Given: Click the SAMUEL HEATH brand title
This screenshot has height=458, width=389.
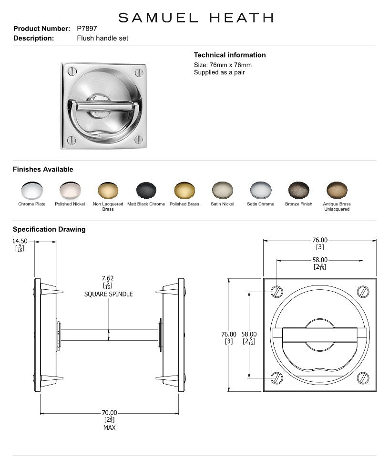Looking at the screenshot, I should [x=195, y=18].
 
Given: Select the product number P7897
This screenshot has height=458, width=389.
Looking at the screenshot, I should [x=87, y=29].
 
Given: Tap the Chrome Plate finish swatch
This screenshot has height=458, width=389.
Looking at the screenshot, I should [x=32, y=191].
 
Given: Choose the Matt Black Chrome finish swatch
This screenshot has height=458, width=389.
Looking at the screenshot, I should [x=146, y=191].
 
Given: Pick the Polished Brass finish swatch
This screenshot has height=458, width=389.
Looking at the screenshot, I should [x=184, y=191].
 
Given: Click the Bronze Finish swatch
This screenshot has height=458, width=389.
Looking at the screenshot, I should [x=298, y=191].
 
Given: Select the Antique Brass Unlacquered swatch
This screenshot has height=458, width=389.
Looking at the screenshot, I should [x=337, y=191].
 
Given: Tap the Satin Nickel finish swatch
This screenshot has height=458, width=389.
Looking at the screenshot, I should [x=222, y=191].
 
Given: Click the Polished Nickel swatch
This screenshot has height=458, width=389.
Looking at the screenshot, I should [x=70, y=191].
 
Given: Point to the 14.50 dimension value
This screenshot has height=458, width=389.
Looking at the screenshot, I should [x=20, y=242].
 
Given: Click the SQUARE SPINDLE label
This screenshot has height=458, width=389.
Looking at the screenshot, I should [x=108, y=294].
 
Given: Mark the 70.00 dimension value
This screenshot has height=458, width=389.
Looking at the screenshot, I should [x=109, y=413].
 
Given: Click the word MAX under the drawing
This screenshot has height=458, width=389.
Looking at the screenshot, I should [x=109, y=427].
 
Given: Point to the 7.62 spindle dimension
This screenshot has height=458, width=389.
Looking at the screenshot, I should [x=108, y=278].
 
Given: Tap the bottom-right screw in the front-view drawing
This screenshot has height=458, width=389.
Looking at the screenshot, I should [x=363, y=378].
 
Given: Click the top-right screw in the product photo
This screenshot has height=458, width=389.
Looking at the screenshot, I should [x=139, y=72].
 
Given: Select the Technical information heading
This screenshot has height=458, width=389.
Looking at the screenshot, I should [x=230, y=55].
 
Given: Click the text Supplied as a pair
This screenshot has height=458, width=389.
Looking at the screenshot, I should [x=219, y=72].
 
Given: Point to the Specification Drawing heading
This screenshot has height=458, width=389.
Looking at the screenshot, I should [x=49, y=229].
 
